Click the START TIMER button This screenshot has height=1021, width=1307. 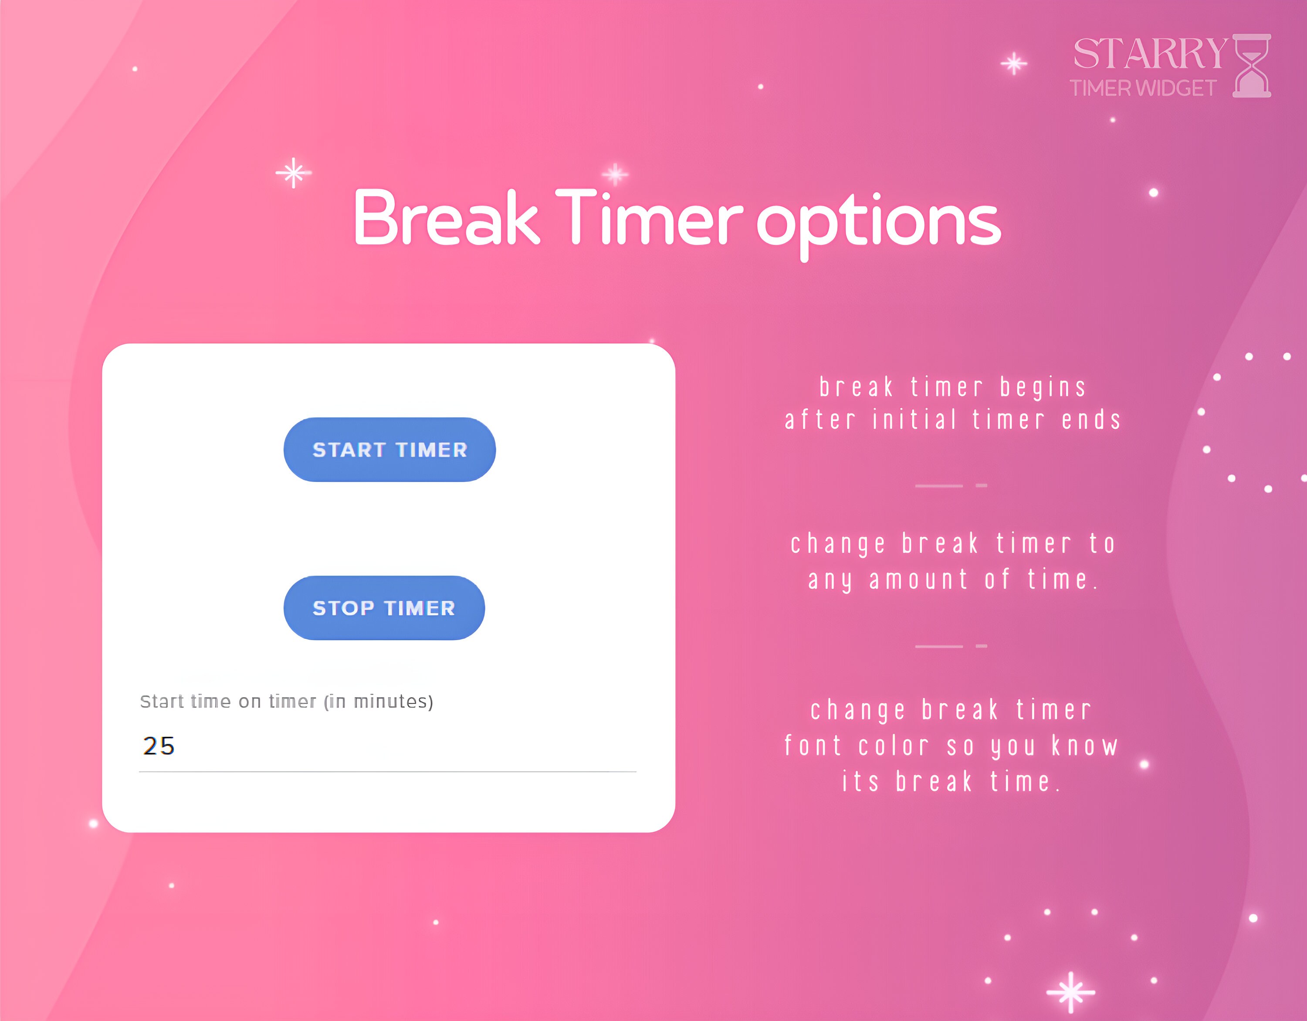pos(389,449)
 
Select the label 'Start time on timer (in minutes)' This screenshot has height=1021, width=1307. pos(287,702)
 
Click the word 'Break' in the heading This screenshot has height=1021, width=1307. pos(446,218)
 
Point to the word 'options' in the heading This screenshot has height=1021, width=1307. pos(878,223)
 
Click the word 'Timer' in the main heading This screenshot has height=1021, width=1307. pos(649,218)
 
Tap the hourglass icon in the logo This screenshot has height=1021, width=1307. pos(1252,66)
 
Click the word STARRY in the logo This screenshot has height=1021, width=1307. pos(1150,54)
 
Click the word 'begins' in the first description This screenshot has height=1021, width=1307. pos(1043,388)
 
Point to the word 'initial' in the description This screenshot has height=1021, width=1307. pos(914,420)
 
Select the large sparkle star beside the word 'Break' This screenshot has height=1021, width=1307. pos(293,173)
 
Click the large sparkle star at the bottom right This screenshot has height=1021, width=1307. pos(1070,992)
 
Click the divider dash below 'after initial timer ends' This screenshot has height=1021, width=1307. pos(938,485)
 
